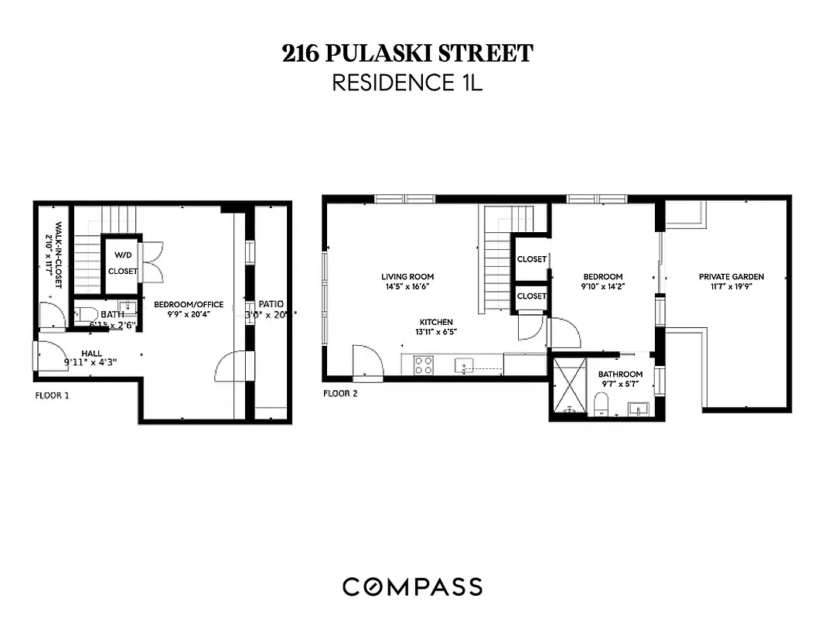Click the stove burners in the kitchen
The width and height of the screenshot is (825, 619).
click(x=423, y=364)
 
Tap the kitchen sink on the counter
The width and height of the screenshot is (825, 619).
click(x=464, y=364)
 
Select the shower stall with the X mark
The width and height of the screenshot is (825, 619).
click(x=569, y=385)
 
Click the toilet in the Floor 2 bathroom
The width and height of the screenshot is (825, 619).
click(x=599, y=403)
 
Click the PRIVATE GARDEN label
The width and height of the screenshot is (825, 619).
click(x=731, y=276)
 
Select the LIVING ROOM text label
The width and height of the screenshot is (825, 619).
click(x=407, y=276)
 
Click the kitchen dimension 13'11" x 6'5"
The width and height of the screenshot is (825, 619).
click(x=436, y=333)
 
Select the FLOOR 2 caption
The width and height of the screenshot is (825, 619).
click(x=339, y=393)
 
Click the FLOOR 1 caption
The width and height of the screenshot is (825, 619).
click(x=52, y=395)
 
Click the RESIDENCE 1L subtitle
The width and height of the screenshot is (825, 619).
click(x=407, y=83)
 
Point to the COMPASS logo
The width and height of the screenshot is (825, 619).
click(x=412, y=587)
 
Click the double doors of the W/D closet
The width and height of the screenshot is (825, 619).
click(x=152, y=262)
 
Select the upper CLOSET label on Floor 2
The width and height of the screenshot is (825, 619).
click(x=531, y=259)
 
